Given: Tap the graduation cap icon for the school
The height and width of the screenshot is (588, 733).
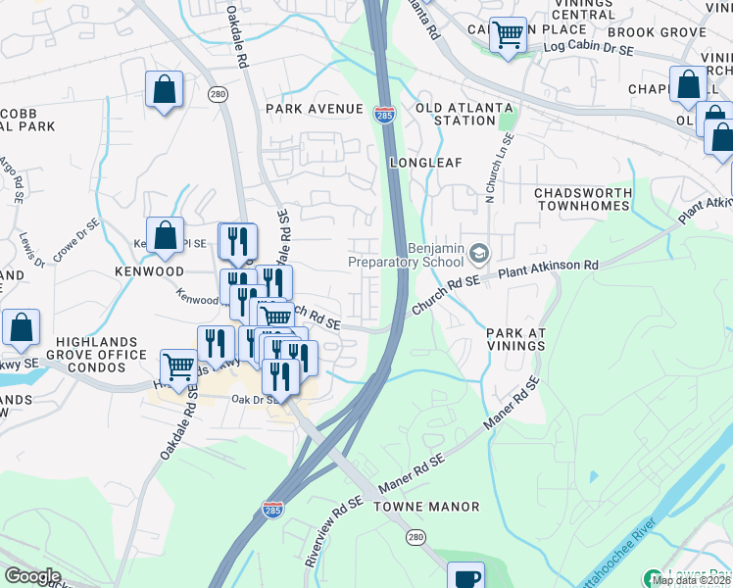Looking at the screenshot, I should pos(478,255).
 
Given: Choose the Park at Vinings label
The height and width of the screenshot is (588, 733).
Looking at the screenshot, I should pos(515,340).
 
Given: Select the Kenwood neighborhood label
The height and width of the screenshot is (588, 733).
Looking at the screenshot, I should pos(149,270).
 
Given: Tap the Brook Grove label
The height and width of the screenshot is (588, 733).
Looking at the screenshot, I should pos(669,32).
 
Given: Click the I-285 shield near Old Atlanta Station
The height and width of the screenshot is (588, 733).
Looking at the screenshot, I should pos(385,115).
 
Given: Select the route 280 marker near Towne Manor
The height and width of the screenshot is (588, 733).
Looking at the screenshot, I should pos(415,537).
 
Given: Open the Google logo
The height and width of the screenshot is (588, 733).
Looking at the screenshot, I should pos(32,576).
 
